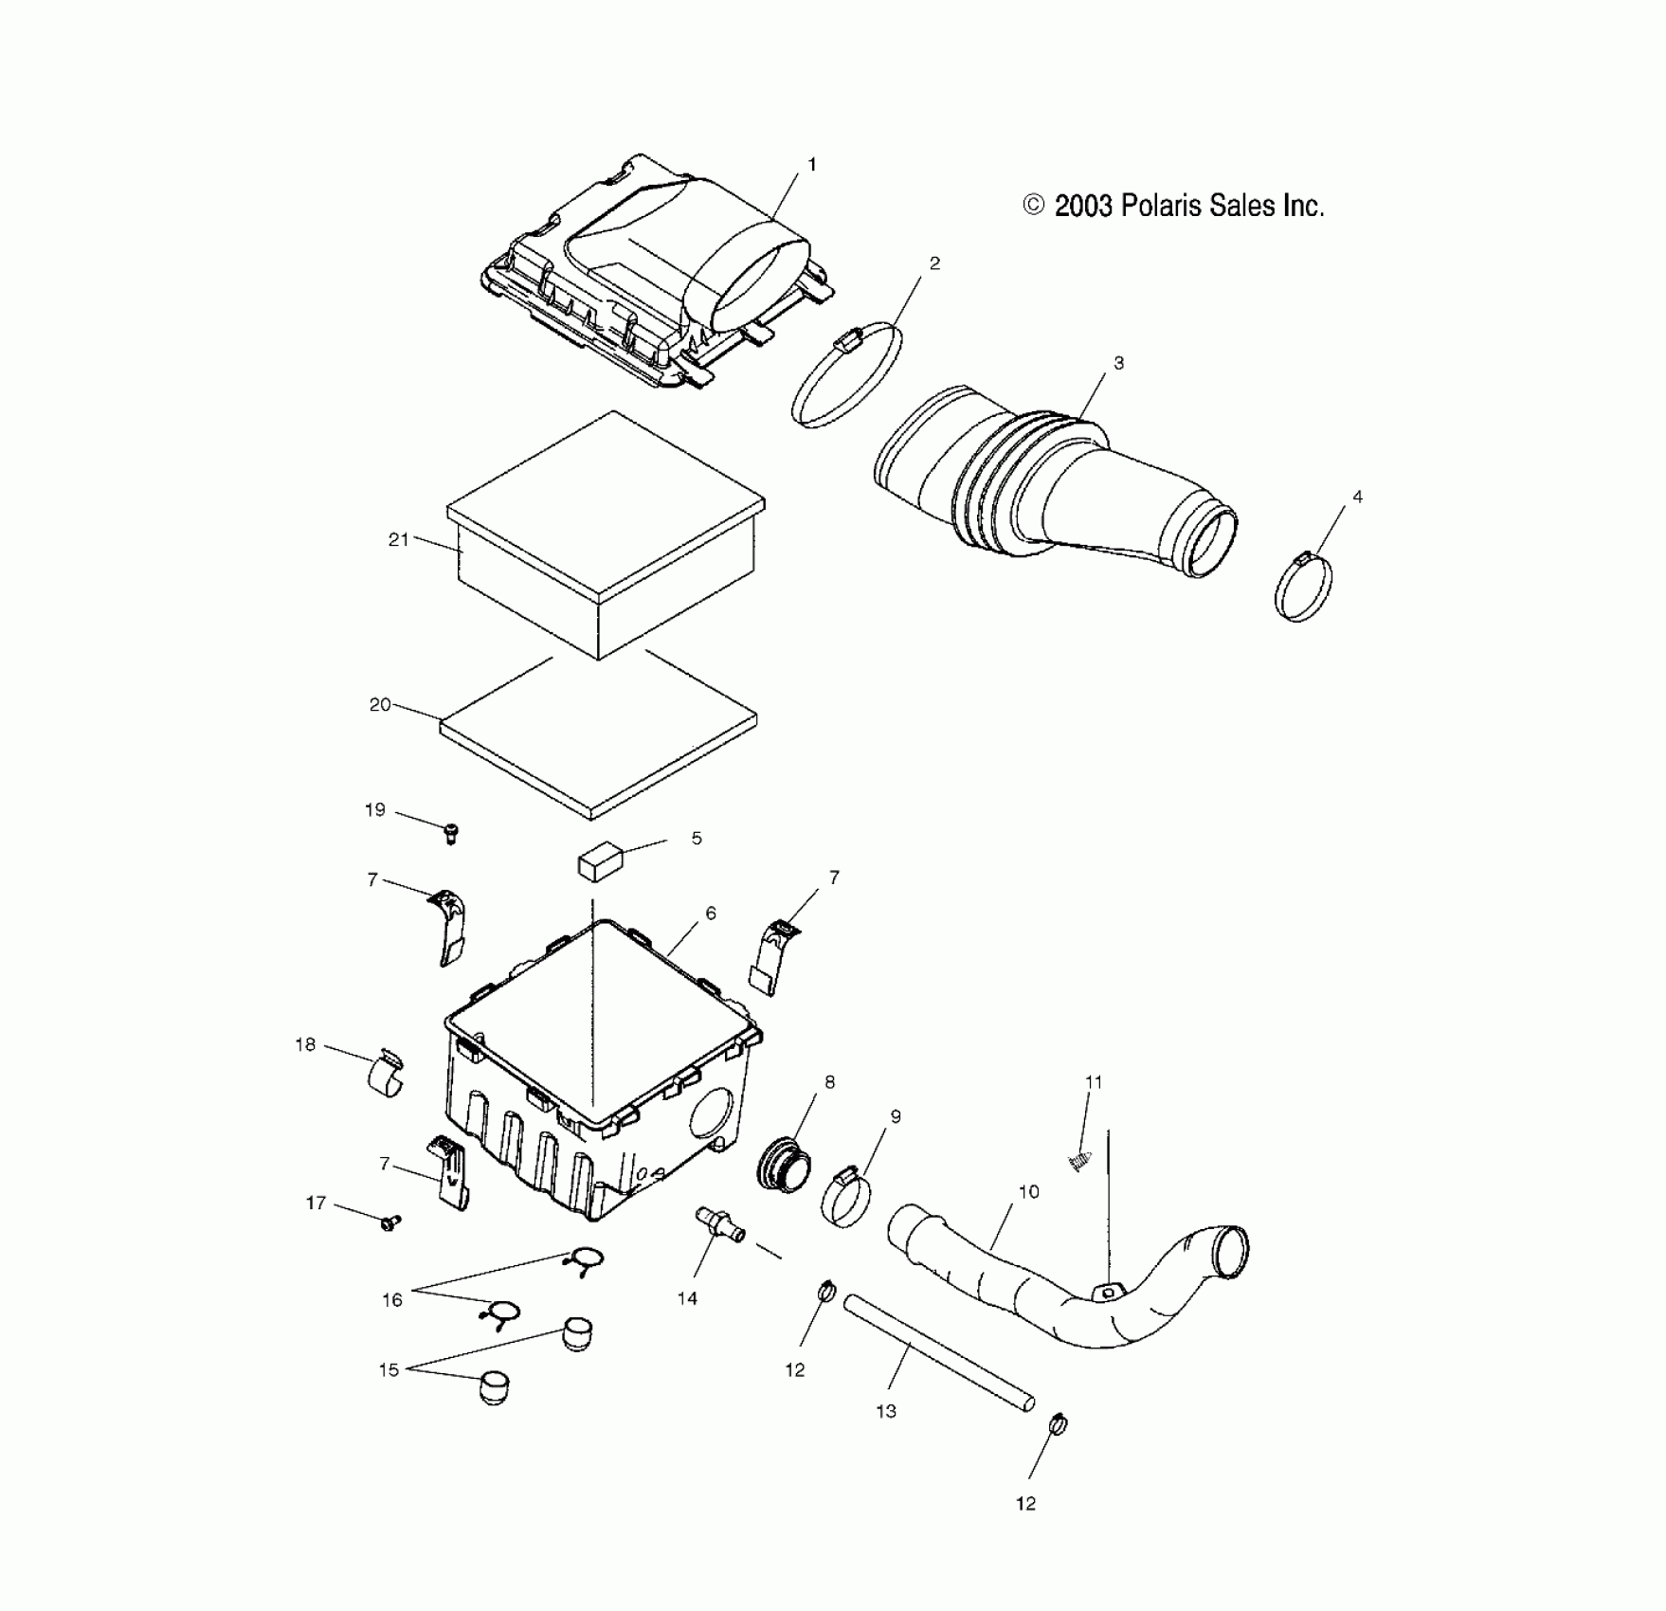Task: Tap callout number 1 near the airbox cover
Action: coord(811,165)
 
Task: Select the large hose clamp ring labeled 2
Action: coord(846,375)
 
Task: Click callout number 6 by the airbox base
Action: coord(711,914)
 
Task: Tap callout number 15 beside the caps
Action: coord(389,1370)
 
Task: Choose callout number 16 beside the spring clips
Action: coord(392,1300)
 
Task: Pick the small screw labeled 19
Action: coord(451,834)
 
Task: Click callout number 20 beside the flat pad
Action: coord(380,705)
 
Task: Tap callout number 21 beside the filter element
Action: coord(398,539)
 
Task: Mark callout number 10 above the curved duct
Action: coord(1029,1192)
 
